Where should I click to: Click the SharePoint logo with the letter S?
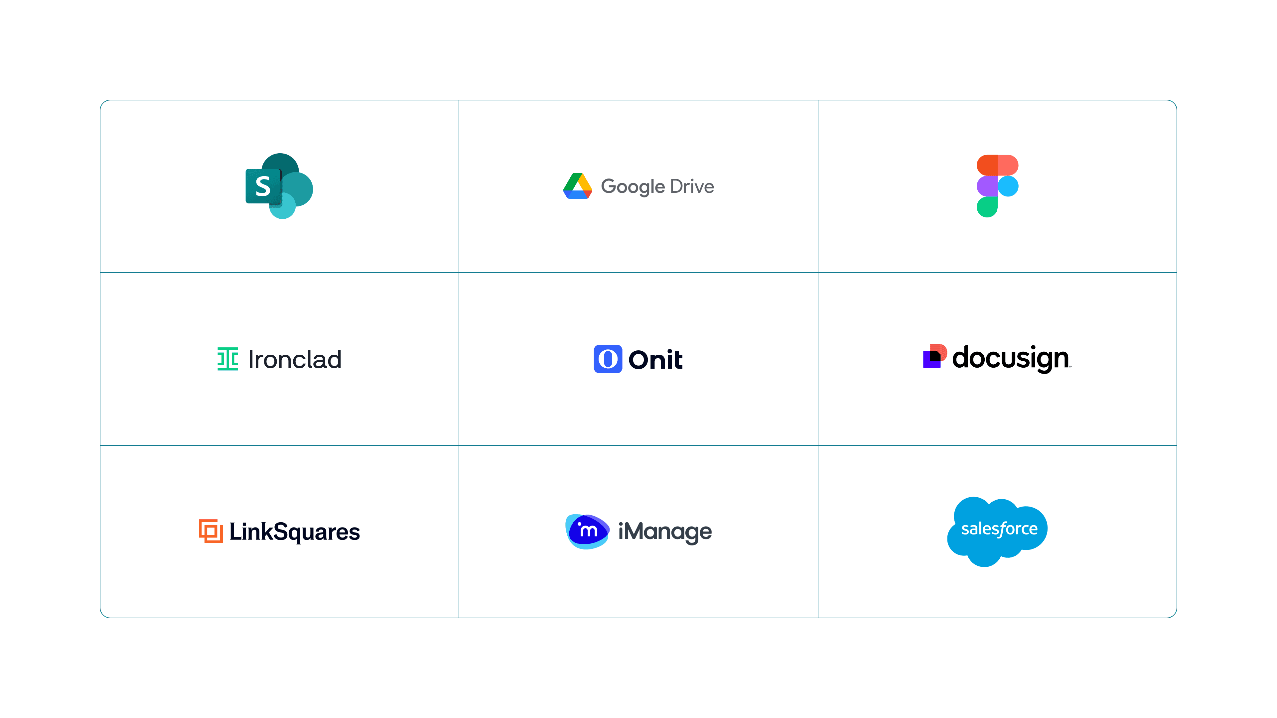pos(279,186)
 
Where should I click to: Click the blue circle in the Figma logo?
pos(1008,186)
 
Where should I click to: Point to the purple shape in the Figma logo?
pos(987,186)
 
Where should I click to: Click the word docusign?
pos(1010,358)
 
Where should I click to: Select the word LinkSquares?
pos(294,532)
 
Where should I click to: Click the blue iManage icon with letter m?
pos(587,531)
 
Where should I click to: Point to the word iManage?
pos(665,532)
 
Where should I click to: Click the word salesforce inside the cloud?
pos(999,529)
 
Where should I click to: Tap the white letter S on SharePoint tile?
pos(263,186)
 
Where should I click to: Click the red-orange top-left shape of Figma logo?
pos(987,165)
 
